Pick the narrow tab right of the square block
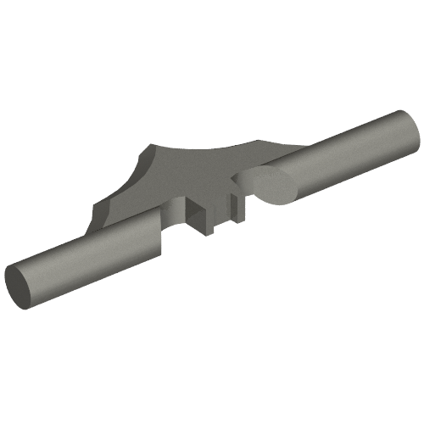point(235,208)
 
